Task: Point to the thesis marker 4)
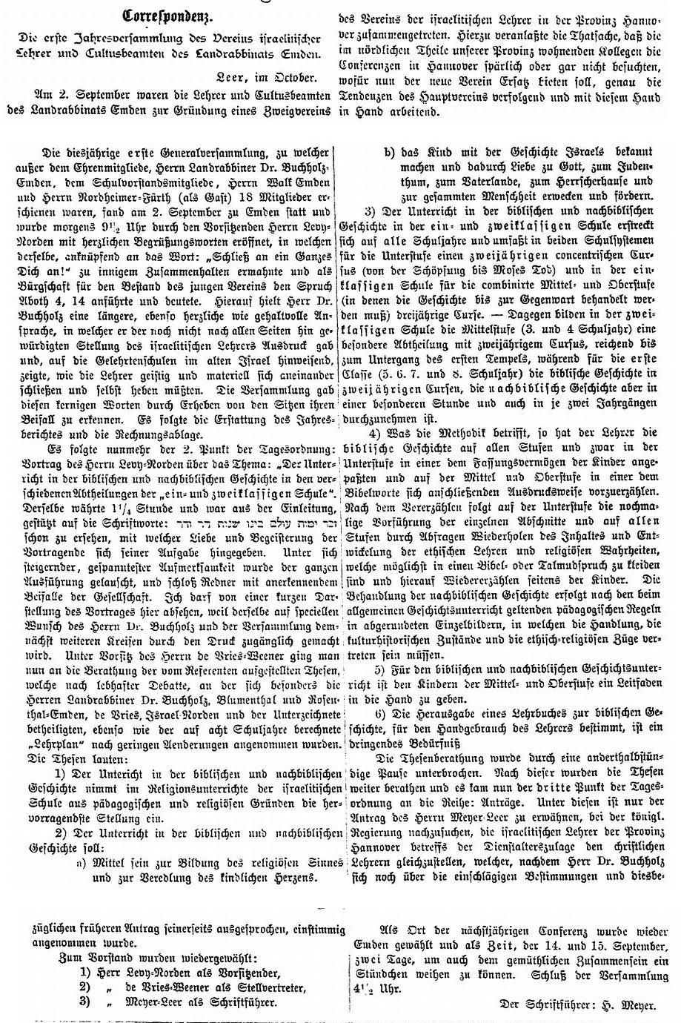pyautogui.click(x=375, y=431)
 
